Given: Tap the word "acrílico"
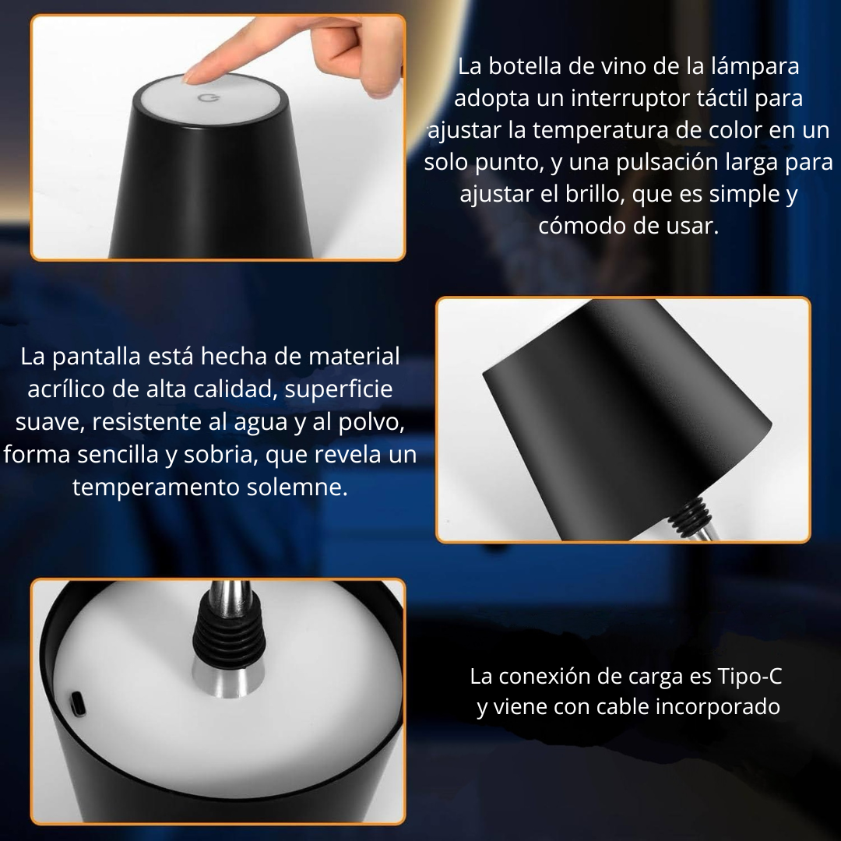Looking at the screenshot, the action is pos(66,389).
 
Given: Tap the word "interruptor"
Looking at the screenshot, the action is pos(630,99).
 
